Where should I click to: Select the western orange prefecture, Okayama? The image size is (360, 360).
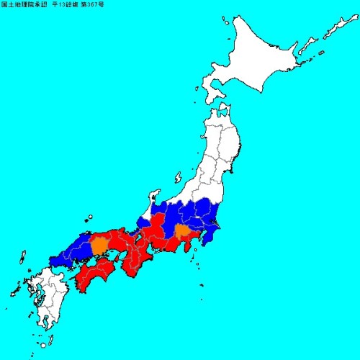[x=99, y=245]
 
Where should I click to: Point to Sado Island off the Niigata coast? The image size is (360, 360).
[x=177, y=176]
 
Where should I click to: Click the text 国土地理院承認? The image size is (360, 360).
[x=24, y=5]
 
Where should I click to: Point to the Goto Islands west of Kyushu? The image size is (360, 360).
[x=13, y=292]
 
